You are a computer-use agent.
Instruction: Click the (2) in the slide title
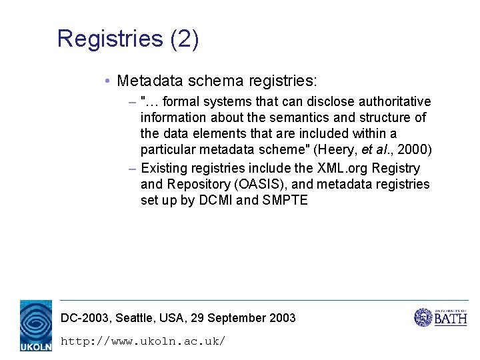point(185,39)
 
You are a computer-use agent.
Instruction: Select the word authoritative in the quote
point(395,102)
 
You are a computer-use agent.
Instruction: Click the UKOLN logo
point(35,326)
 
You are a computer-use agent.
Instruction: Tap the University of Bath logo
point(441,317)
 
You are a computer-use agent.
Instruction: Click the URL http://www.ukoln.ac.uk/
point(143,341)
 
